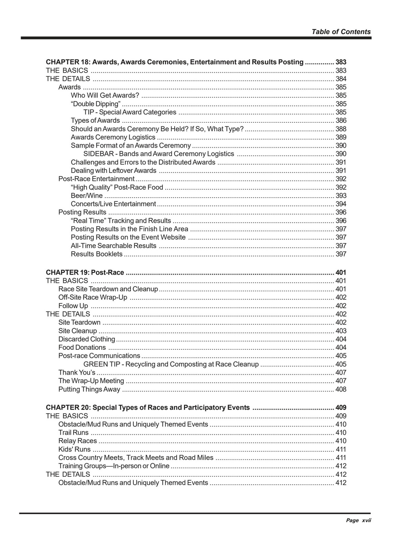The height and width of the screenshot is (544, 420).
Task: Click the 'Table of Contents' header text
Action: point(341,32)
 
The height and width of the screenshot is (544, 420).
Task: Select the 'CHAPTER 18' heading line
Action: point(174,62)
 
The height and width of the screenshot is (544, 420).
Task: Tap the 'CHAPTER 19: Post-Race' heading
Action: point(85,272)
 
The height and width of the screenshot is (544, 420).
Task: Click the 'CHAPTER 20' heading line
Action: point(148,407)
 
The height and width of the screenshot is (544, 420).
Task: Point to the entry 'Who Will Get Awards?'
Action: point(105,95)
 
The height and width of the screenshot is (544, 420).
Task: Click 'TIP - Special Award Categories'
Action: point(130,112)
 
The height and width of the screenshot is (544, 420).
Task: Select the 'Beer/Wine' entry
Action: point(87,195)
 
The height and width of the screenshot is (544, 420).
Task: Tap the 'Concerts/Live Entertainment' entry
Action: point(113,204)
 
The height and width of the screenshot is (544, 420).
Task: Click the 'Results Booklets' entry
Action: point(96,254)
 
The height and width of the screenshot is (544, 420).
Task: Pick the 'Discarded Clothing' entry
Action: point(87,339)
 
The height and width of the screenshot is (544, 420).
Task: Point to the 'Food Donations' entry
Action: point(82,347)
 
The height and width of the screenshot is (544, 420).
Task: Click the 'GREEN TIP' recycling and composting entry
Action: point(171,364)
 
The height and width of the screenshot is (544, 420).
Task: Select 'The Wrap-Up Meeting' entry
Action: point(91,381)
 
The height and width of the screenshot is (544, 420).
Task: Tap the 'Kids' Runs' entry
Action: point(74,449)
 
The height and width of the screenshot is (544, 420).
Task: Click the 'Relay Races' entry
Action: point(77,441)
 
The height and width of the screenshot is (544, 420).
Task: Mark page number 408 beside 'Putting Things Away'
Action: point(341,389)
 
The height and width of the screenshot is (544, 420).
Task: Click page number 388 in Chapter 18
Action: point(341,129)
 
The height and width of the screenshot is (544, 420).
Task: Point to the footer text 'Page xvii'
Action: point(358,520)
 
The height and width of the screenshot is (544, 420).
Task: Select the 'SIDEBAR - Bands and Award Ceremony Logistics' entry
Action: point(158,154)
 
